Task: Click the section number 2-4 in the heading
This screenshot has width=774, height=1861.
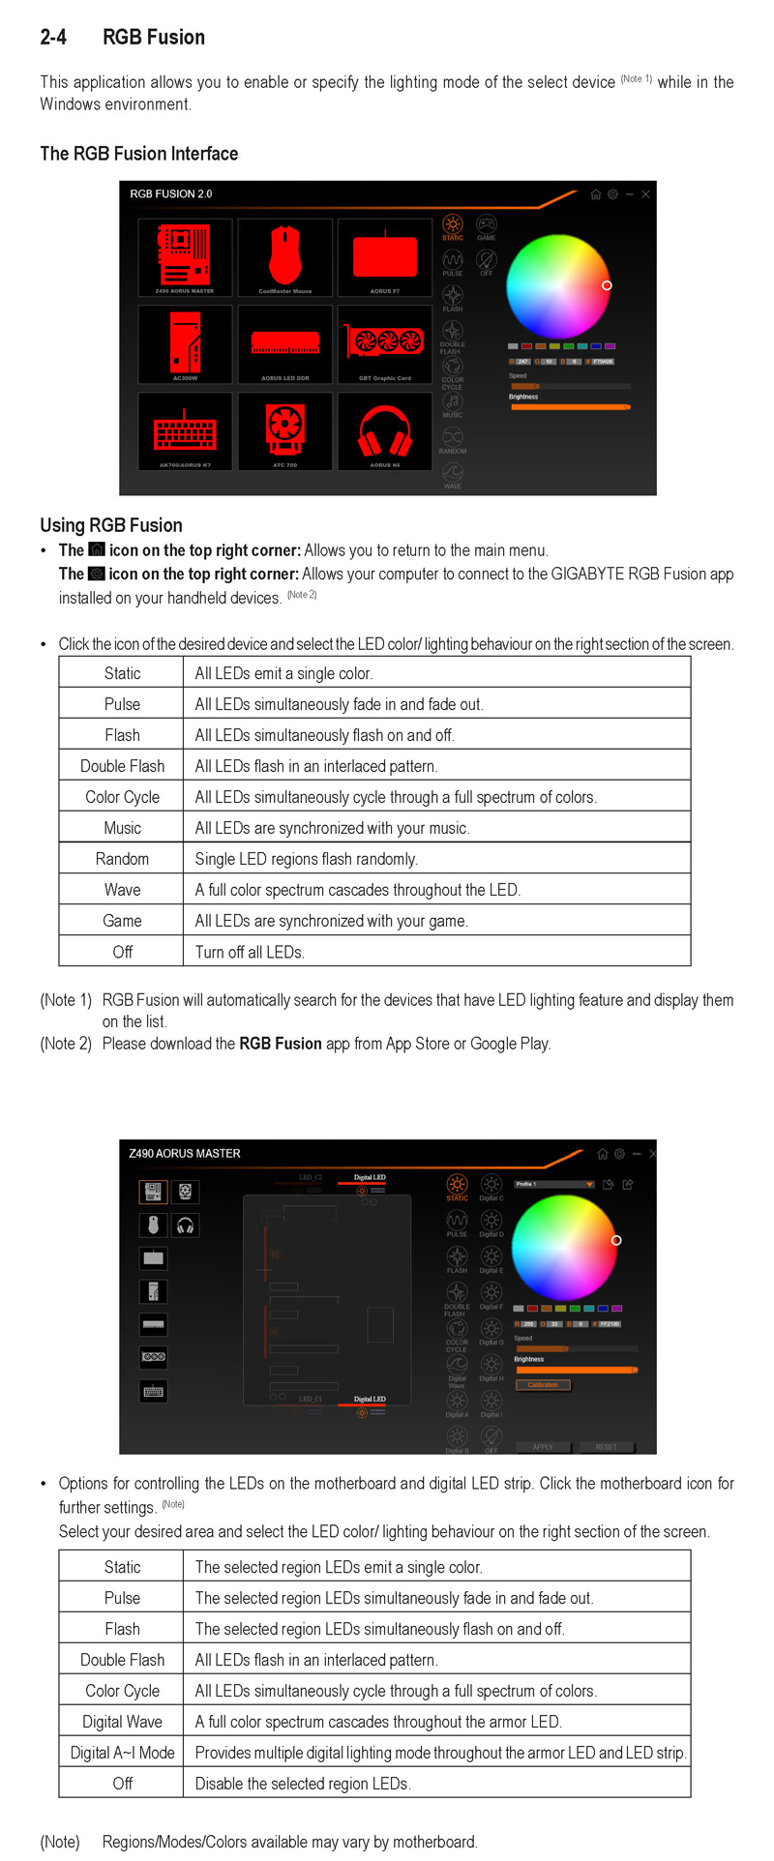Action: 53,38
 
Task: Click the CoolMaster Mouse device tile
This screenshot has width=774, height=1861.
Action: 284,257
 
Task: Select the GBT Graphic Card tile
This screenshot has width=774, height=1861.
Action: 384,344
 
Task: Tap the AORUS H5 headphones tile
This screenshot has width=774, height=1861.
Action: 384,431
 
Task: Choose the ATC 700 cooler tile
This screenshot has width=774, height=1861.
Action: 284,431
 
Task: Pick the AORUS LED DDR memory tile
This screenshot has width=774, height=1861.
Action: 284,344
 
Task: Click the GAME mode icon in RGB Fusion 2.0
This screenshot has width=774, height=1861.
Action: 487,227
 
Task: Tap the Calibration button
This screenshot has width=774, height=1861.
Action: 543,1384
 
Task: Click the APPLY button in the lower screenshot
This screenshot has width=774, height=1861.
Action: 543,1447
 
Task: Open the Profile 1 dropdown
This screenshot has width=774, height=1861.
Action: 554,1184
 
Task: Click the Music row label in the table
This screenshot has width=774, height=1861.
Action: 122,828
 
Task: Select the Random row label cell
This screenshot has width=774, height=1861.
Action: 122,859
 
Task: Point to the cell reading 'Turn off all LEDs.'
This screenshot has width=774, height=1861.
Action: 250,952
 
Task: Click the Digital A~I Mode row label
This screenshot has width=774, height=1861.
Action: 122,1753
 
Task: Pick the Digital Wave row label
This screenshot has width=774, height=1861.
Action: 122,1722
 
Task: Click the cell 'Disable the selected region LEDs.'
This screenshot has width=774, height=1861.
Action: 303,1784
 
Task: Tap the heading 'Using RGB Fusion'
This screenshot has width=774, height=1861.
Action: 111,525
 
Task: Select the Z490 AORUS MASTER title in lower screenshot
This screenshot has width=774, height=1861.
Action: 185,1153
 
